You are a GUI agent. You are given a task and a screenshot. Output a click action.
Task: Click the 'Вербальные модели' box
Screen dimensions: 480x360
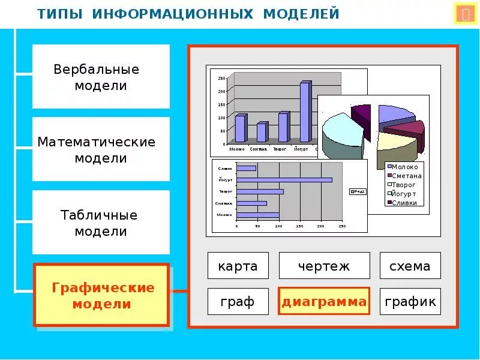101,77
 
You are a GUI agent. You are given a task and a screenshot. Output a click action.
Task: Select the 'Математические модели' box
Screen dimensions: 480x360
101,149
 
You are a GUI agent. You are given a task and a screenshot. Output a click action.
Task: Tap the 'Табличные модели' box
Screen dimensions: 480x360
101,223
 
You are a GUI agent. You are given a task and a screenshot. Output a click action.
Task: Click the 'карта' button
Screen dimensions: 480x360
238,266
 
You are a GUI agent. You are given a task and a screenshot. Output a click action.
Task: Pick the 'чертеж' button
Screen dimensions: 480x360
324,266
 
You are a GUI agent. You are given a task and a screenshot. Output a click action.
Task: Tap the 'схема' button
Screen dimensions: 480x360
410,266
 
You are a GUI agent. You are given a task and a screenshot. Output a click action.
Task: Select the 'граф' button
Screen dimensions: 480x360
238,302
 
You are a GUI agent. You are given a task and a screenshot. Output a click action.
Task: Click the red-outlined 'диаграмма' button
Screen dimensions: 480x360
324,302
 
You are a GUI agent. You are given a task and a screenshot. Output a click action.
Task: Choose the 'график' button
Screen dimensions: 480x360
410,302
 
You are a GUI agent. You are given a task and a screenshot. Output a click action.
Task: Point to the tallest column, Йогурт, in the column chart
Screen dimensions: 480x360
305,113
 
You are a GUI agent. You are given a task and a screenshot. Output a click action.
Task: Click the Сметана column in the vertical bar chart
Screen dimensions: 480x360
261,132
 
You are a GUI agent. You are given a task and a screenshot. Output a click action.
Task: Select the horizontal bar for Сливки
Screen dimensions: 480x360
246,168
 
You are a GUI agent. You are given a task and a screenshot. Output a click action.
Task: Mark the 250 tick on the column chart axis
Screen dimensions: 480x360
221,79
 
